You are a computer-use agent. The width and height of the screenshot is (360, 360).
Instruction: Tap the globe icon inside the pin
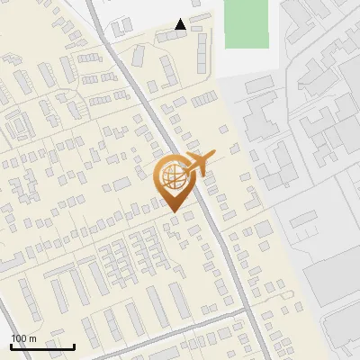click(171, 175)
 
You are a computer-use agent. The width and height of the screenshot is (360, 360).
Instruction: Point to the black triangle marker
click(181, 24)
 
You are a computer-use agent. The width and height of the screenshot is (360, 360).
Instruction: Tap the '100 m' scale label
click(23, 338)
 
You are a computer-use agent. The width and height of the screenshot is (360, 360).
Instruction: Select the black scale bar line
click(42, 346)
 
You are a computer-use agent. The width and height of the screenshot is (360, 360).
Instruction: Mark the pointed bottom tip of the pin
click(172, 211)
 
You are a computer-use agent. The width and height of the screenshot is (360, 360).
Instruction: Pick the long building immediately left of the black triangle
click(166, 36)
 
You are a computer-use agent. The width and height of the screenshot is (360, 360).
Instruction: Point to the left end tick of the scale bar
click(11, 345)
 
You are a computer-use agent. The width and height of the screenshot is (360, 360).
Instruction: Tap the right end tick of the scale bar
click(74, 345)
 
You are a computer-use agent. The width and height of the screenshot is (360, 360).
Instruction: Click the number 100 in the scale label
click(19, 338)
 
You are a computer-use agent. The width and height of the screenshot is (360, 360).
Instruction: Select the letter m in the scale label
click(31, 338)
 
